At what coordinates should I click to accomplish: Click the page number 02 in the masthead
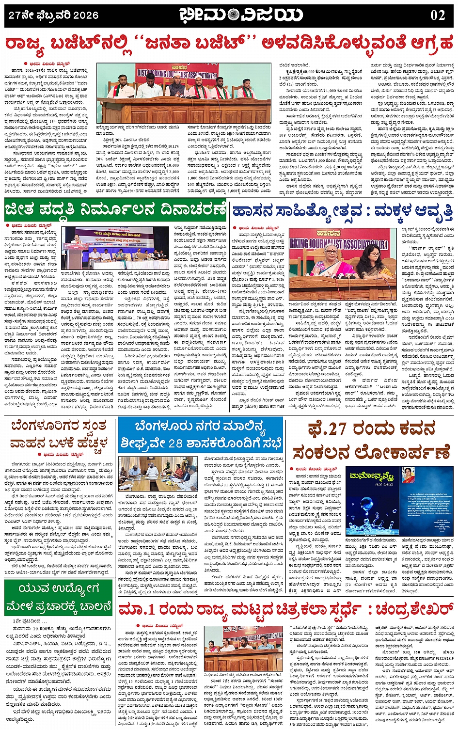(x=437, y=15)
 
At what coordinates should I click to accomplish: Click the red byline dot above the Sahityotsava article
(x=235, y=227)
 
